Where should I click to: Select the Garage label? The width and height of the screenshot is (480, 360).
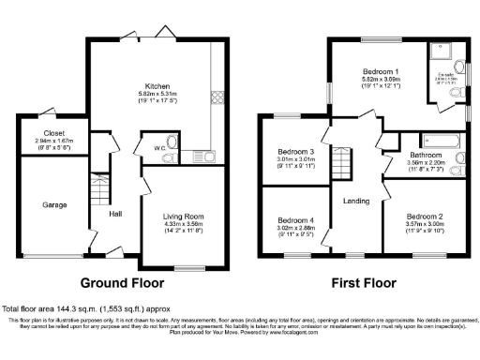click(x=52, y=203)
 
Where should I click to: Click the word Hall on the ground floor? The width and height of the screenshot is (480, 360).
click(x=115, y=214)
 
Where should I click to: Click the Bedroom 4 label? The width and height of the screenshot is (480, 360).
click(x=295, y=219)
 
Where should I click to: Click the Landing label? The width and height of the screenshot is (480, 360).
click(x=356, y=200)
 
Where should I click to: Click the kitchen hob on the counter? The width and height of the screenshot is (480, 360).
click(x=217, y=97)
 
